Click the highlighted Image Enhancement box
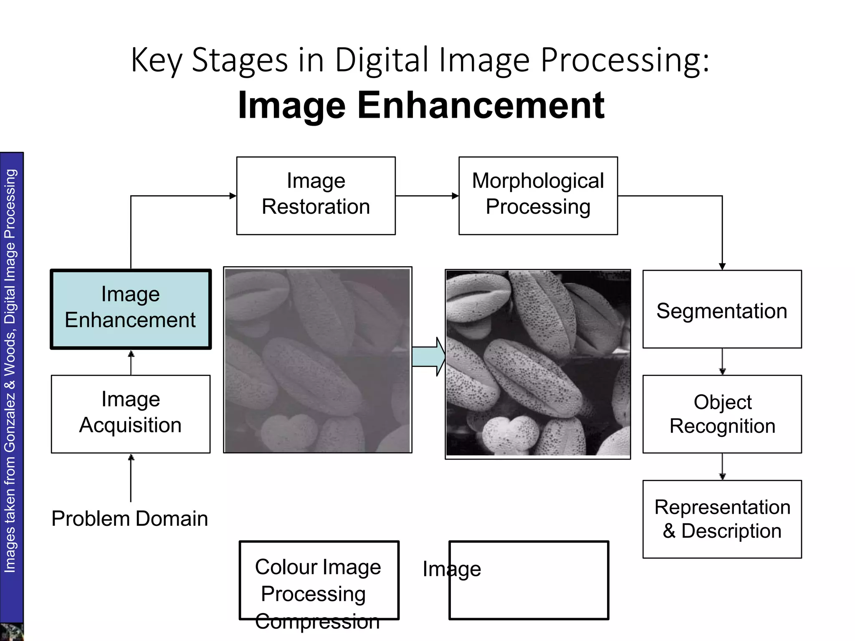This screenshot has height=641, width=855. coord(131,309)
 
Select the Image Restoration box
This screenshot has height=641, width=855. coord(316,195)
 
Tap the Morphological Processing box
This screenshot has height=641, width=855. coord(538,195)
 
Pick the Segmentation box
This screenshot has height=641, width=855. coord(722,309)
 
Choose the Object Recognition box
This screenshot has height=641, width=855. coord(722,414)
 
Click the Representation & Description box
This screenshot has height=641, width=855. coord(722,519)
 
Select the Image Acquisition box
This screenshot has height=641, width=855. coord(131,414)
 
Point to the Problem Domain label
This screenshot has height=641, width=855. coord(130,519)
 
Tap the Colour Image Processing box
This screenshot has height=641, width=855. coord(319,580)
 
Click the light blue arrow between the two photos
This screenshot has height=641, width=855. coord(428,357)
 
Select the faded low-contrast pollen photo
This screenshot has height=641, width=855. coord(318,360)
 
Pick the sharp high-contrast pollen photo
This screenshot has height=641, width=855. coord(538,363)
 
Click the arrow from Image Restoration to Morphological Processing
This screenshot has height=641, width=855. coord(427,196)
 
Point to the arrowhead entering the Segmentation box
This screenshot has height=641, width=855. coord(722,266)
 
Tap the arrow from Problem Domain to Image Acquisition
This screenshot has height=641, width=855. coord(131,478)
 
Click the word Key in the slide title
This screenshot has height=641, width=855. coord(157,61)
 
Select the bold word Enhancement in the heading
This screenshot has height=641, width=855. coord(481,105)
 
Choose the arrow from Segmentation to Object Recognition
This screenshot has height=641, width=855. coord(722,361)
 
